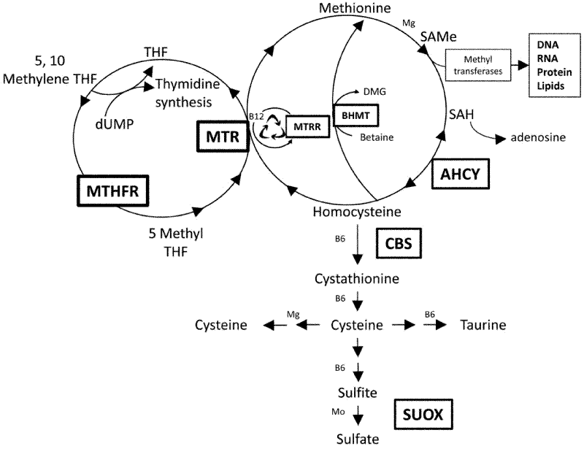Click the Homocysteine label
point(358,212)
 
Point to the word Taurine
point(482,324)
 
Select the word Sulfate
point(358,440)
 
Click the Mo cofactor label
point(338,412)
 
